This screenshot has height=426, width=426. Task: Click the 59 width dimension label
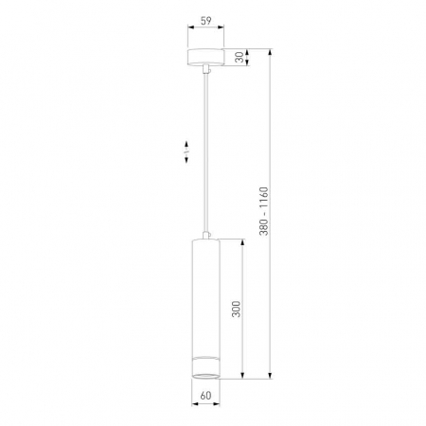pos(206,21)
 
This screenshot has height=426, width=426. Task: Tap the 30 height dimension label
pos(240,57)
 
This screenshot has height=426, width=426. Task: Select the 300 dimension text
pos(236,309)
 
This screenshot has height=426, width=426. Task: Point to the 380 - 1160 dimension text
pos(264,211)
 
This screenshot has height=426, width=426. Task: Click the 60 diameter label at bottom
pos(205,396)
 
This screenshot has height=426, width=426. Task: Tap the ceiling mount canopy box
pos(205,57)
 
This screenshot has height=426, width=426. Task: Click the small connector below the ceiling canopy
pos(206,69)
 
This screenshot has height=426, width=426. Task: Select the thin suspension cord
pos(206,153)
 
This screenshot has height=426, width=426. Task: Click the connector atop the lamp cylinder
pos(206,236)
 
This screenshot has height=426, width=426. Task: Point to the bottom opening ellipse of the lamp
pos(205,376)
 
